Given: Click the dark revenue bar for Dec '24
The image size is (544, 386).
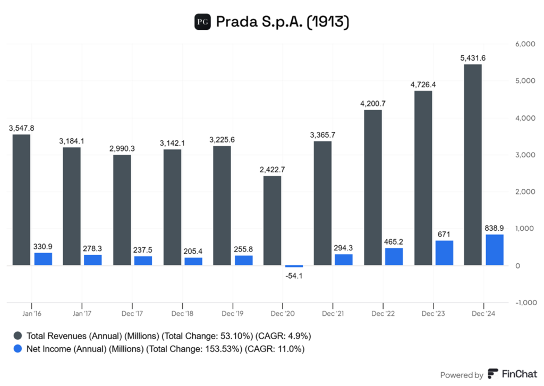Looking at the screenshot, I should click(x=473, y=165).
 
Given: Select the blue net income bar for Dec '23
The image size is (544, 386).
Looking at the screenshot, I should click(x=444, y=253).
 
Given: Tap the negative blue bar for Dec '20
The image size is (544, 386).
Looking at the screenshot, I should click(x=294, y=266).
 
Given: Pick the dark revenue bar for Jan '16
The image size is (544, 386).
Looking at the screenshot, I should click(x=21, y=200).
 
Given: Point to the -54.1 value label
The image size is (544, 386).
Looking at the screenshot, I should click(x=294, y=275).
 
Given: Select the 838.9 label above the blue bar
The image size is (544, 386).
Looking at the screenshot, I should click(x=494, y=227).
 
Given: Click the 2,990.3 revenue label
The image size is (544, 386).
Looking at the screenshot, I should click(x=122, y=148).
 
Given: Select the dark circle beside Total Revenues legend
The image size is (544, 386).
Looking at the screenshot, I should click(x=18, y=335).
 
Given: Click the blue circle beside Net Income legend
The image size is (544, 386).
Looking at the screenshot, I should click(x=18, y=349).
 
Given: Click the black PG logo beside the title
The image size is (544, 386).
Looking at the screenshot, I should click(x=202, y=22).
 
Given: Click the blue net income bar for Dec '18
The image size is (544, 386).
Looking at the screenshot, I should click(x=193, y=261).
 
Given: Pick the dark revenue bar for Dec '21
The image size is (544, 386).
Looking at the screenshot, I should click(x=322, y=203).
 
